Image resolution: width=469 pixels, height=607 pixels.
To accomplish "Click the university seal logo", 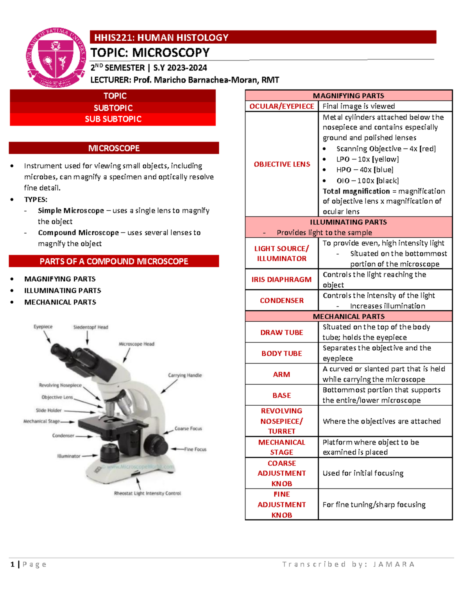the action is [x=56, y=58].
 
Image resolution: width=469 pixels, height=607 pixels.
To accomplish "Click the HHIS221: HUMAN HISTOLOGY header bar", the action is [x=263, y=38].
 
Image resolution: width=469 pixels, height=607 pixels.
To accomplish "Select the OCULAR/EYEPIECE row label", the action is [x=282, y=106].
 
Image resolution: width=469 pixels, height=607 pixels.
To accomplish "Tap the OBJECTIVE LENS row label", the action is [x=282, y=164].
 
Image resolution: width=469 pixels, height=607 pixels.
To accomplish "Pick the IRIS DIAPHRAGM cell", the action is [x=282, y=279].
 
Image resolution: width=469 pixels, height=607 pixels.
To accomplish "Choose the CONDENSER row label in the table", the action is [x=282, y=301].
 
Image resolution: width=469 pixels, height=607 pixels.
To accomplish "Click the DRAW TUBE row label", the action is [x=282, y=333].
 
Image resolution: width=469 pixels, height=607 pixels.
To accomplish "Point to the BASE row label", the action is [x=282, y=396].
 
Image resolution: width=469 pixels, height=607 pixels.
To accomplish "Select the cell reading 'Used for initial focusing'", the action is [x=363, y=473].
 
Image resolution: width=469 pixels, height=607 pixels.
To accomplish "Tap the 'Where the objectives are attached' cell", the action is [x=381, y=421].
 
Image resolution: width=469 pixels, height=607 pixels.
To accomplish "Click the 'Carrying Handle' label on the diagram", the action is [x=185, y=375].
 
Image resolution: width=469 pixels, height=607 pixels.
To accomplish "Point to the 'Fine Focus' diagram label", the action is [x=195, y=449].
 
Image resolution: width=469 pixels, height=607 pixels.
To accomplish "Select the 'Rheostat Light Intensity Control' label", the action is [x=148, y=493].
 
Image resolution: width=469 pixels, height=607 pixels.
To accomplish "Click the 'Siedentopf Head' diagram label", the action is [x=91, y=327].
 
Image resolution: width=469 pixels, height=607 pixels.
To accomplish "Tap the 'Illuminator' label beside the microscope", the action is [x=69, y=456].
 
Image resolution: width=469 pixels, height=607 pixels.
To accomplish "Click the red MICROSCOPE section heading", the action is [x=114, y=148].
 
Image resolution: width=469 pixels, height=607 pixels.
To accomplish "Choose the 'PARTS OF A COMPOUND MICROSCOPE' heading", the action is [x=114, y=261].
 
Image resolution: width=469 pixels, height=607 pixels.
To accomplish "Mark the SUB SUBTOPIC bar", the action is [x=113, y=119].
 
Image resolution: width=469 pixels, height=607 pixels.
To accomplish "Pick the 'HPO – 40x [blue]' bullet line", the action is [x=365, y=170].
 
